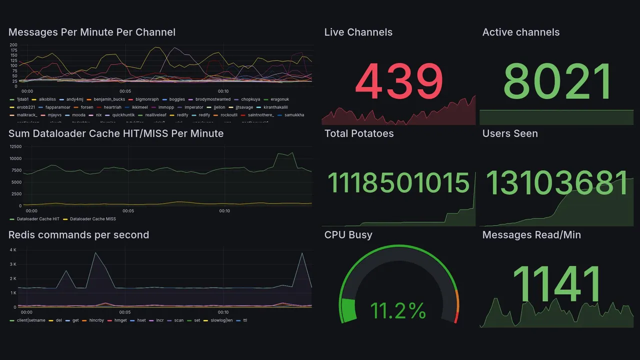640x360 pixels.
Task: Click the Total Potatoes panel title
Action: pos(359,133)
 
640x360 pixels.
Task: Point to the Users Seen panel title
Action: pos(510,133)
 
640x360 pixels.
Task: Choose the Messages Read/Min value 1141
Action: pos(557,284)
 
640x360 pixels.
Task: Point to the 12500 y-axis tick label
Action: pos(15,146)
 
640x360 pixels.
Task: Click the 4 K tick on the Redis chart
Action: pos(13,249)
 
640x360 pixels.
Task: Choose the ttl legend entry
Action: pos(245,320)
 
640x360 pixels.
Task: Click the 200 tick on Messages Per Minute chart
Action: pos(13,45)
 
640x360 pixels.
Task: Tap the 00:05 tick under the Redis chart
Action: pos(125,312)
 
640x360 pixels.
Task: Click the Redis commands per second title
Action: pos(78,235)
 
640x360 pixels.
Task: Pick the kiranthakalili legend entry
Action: pos(275,107)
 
